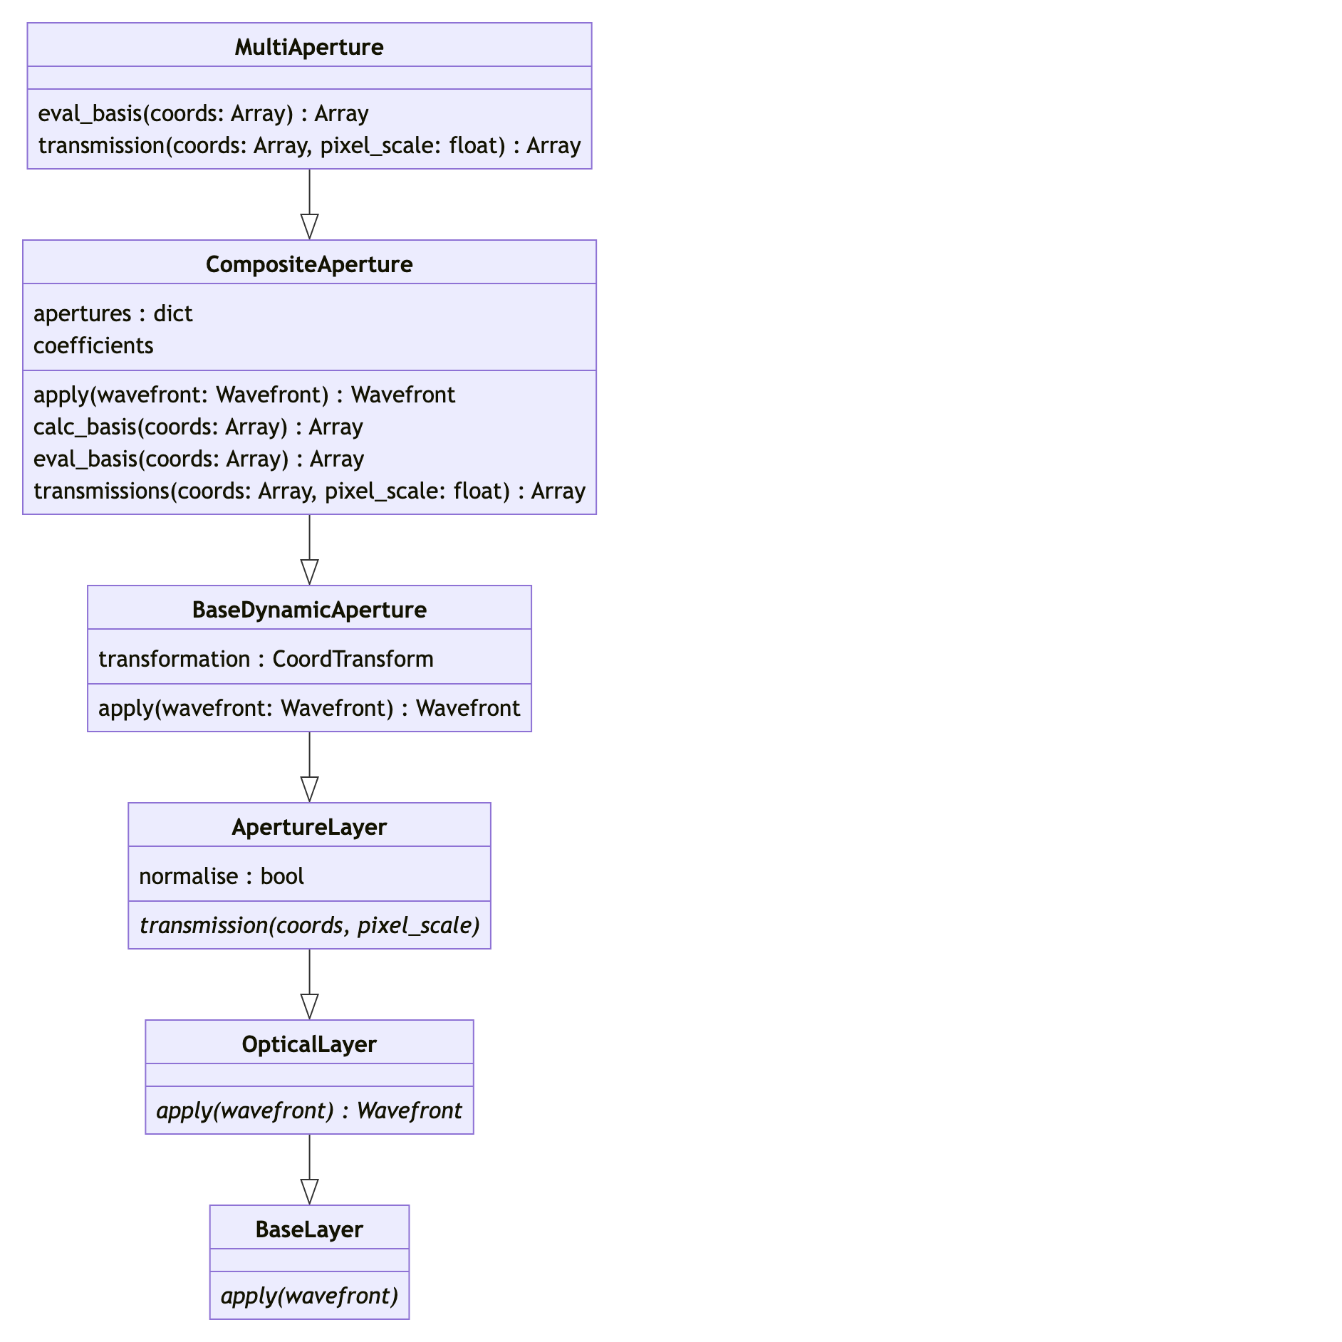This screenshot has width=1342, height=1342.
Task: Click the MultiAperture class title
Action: pos(309,47)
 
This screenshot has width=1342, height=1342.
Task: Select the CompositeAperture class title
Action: pos(309,264)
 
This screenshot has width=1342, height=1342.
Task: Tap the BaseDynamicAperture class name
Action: pos(309,610)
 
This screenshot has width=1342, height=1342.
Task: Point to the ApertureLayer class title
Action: pos(309,827)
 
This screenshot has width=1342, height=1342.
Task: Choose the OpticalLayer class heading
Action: pos(309,1044)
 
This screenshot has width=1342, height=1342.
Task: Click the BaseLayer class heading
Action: pos(309,1229)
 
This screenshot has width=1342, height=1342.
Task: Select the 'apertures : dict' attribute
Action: pos(113,313)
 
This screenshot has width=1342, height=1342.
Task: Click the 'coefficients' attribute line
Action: pos(93,345)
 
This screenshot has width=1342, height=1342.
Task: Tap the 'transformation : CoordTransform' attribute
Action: pos(266,659)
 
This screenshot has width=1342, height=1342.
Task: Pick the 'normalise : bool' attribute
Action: pos(221,876)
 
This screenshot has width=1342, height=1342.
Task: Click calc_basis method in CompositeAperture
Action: pos(198,427)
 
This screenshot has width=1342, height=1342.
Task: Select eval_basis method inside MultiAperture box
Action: pos(203,113)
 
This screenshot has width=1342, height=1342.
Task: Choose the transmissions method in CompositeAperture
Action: pos(309,491)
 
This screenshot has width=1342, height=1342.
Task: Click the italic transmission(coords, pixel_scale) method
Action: pos(309,925)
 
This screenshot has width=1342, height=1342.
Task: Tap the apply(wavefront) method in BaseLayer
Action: pos(309,1296)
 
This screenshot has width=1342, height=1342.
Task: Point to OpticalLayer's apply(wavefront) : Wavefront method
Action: pos(309,1110)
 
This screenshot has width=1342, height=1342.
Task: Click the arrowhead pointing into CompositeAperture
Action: pos(309,227)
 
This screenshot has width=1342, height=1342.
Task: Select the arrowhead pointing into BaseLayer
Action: pos(309,1192)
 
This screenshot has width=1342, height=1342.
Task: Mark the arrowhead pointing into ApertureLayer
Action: pos(309,789)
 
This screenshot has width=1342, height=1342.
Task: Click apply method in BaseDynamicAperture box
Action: pos(309,708)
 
